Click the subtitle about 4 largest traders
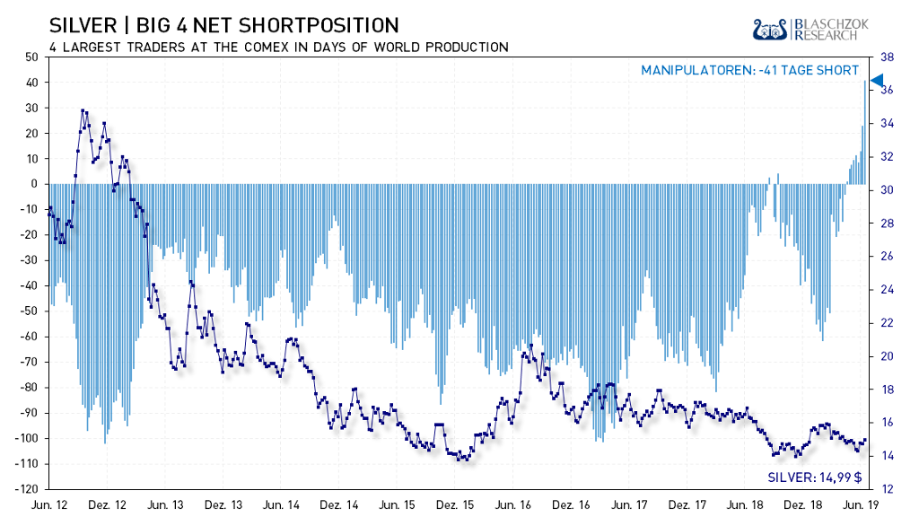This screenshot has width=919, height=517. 276,47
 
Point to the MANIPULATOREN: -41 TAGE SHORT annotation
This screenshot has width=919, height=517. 749,70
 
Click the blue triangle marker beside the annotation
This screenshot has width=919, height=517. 878,81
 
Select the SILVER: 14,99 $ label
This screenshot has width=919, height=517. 813,478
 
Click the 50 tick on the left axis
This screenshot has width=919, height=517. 31,57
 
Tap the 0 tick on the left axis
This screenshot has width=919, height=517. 33,184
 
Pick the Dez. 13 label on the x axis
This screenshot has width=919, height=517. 223,505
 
